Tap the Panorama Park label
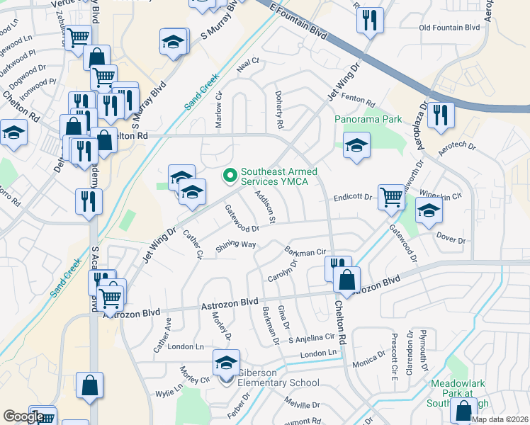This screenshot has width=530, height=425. pos(368,120)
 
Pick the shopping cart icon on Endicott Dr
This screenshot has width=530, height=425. pos(390,198)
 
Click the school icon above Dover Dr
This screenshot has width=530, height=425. pos(428,212)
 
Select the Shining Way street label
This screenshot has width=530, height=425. pos(236,246)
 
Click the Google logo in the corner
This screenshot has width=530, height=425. pos(23,416)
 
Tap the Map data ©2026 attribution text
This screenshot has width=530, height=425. pos(500,419)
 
